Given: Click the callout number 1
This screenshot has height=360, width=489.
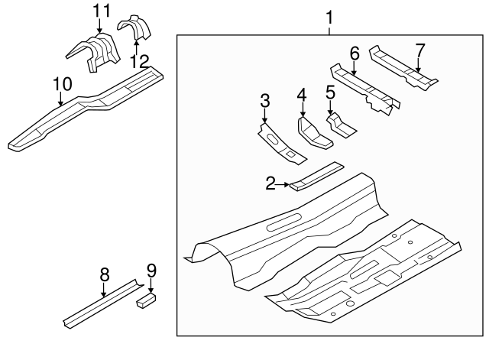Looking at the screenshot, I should pos(329,16).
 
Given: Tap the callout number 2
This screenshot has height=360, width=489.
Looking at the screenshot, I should pos(270,183).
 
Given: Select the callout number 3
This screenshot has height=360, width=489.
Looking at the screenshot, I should pos(264,100).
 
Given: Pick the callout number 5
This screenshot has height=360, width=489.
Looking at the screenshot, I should pos(330,92).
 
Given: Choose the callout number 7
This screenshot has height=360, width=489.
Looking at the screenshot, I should pos(419,50).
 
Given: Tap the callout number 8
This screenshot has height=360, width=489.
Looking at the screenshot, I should pos(104,274).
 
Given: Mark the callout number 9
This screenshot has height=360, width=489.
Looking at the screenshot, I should pos(151,269).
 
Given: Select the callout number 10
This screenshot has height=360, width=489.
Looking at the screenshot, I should pos(61,83).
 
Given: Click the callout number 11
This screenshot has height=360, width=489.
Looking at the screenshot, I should pos(101,11).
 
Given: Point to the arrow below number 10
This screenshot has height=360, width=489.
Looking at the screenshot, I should pos(61,97).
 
